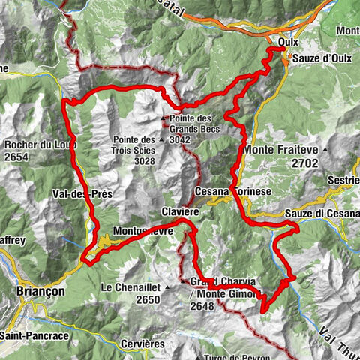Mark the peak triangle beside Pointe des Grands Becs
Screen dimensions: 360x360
coord(163,118)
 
